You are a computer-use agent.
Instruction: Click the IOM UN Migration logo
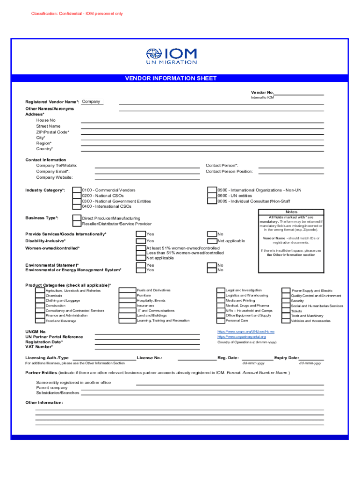coord(171,56)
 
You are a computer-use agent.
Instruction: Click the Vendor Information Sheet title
coord(171,79)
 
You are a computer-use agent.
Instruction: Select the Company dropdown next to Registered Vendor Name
coord(91,102)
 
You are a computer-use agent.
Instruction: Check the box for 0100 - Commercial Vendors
coord(76,190)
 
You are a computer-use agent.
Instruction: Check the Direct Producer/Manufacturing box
coord(76,218)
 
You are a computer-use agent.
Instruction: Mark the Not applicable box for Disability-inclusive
coord(212,241)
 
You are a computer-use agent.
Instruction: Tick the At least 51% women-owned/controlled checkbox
coord(141,248)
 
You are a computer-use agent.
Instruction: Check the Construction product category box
coord(40,305)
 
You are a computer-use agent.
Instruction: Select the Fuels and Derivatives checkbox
coord(127,290)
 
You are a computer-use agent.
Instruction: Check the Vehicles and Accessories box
coord(285,321)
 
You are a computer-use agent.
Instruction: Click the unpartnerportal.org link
coord(241,337)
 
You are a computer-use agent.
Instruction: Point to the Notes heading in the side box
coord(291,212)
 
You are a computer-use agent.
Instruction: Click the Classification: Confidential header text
coord(77,14)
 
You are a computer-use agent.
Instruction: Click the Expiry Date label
coord(286,358)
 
